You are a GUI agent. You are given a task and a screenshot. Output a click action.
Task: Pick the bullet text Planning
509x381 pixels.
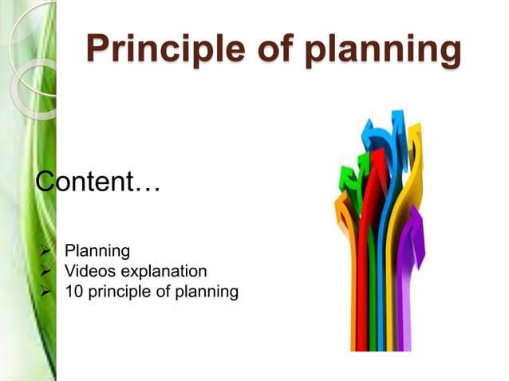97,252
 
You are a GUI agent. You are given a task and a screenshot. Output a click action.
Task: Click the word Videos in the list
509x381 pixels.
89,272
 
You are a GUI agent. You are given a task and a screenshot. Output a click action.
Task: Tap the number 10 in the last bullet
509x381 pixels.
75,292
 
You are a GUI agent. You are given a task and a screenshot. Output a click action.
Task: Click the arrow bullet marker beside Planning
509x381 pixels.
45,252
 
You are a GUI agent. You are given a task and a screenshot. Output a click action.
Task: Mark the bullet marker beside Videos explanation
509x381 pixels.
45,272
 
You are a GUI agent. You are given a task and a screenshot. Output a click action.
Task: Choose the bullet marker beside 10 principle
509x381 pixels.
45,292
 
